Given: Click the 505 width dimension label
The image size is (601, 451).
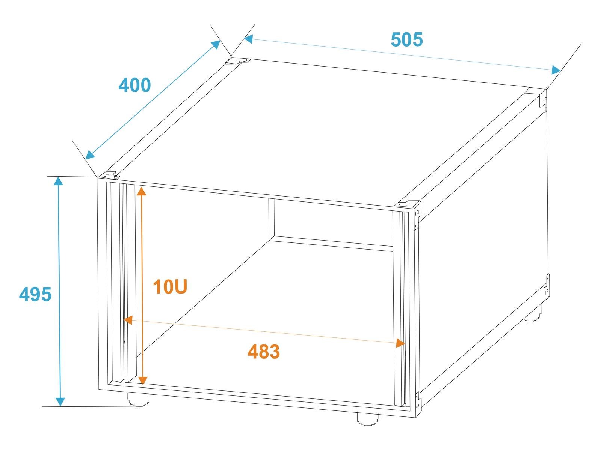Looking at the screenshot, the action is coord(406,39).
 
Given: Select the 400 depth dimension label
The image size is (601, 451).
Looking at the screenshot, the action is coord(134,85).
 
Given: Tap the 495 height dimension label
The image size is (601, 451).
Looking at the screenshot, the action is coord(35,294).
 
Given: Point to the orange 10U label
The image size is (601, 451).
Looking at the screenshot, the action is coord(170,287).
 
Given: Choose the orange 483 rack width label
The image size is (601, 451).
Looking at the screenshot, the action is coord(264,352).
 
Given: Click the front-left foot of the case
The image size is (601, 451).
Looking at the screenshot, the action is coord(138,400).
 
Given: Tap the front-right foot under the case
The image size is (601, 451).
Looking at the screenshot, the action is coord(368,419).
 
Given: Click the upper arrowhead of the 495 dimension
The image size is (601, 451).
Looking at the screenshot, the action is coord(58,181).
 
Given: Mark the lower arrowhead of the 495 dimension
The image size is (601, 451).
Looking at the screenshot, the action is coord(60,401).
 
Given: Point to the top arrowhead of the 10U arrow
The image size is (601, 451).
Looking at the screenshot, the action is coord(141,191).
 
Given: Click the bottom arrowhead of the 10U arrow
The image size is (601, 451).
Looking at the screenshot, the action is coord(143,381).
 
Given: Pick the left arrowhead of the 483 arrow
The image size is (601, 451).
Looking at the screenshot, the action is coord(128,320).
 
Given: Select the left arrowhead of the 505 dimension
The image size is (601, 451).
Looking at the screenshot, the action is coord(248,39).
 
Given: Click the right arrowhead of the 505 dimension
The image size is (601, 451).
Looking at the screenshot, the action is coord(556,70).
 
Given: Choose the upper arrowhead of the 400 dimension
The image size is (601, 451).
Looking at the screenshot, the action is coord(216,45).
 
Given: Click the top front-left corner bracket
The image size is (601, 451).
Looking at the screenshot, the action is coord(109,175).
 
